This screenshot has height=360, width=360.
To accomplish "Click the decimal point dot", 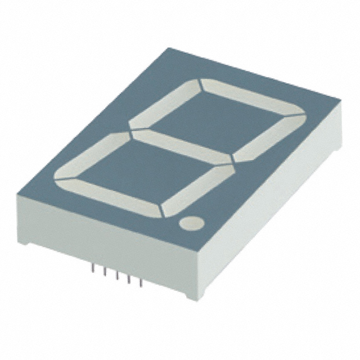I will click(191, 223).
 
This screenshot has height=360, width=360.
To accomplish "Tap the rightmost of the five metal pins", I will click(141, 281).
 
